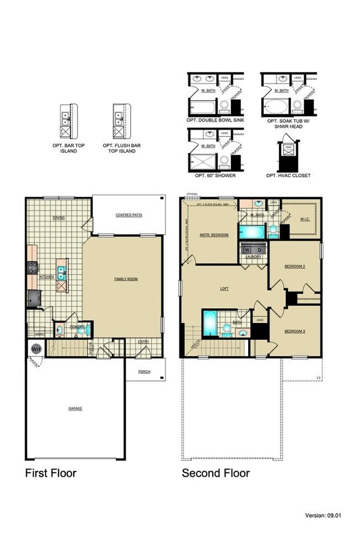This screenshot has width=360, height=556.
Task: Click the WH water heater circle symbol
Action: (36, 349)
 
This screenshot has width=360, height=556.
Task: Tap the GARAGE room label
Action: (75, 408)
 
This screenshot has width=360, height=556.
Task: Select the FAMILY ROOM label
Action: (126, 279)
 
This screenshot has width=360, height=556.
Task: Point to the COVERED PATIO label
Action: (129, 215)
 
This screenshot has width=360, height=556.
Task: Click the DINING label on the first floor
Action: (59, 218)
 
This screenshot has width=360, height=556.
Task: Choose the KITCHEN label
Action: (46, 276)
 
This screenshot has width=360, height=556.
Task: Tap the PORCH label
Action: (145, 371)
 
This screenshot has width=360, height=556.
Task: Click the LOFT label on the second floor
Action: (224, 289)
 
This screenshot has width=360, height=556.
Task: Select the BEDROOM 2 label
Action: (295, 266)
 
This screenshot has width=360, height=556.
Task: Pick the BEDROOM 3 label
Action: (295, 331)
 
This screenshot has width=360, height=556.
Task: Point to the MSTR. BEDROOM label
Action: (214, 235)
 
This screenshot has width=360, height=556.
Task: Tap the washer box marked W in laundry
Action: (246, 250)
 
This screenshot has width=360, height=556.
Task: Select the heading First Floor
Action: (50, 473)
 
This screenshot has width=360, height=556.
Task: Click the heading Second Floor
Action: (216, 473)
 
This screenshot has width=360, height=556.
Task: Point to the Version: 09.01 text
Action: (323, 516)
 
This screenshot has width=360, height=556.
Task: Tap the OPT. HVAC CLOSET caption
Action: (288, 176)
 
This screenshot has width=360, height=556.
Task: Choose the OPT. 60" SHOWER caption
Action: (215, 176)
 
